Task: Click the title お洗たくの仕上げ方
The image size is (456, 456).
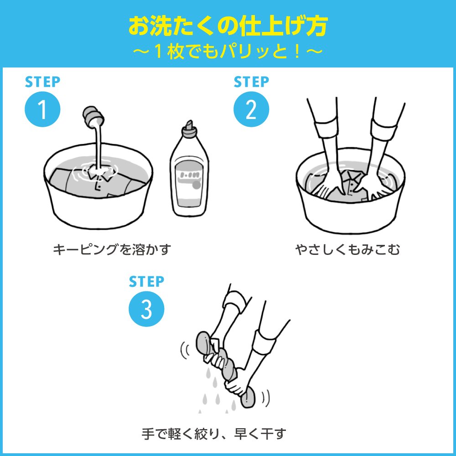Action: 228,26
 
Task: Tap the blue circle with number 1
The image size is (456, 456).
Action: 42,110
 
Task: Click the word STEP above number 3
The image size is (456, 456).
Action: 146,281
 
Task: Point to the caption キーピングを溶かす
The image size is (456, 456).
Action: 112,249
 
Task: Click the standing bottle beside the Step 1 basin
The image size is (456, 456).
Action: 189,173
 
